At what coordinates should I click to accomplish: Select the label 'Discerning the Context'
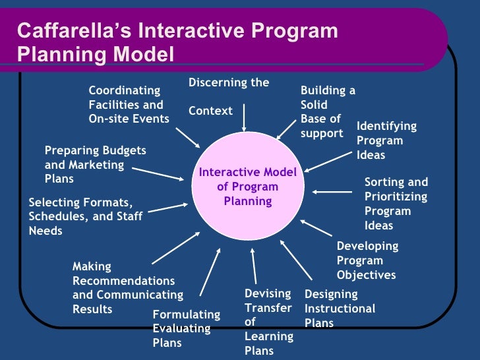tap(229, 96)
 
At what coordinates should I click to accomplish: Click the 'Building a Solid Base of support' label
tap(328, 112)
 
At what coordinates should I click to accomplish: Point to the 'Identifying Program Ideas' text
tap(386, 140)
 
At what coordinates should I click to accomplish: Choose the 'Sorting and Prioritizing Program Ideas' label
tap(396, 204)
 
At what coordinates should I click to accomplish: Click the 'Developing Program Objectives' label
tap(367, 260)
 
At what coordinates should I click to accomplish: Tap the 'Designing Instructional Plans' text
tap(340, 309)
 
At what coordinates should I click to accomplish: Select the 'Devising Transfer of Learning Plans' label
tap(268, 322)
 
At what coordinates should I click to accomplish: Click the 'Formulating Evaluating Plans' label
tap(181, 328)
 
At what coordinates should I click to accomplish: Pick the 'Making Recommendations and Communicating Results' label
tap(127, 288)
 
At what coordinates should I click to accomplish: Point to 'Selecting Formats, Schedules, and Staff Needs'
tap(85, 216)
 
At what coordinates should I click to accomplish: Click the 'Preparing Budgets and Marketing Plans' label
tap(95, 165)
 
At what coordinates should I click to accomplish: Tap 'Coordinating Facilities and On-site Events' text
tap(129, 104)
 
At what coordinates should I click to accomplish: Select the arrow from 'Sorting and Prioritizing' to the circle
tap(332, 192)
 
